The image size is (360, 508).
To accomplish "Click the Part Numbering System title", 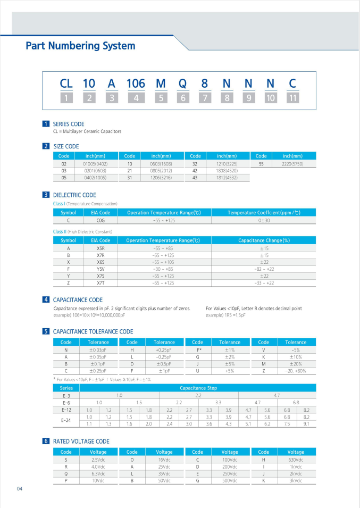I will coord(80,46).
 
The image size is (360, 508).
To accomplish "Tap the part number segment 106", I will coord(136,84).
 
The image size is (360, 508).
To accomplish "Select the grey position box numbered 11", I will coord(292,98).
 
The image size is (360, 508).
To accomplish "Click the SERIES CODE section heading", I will coord(69,124).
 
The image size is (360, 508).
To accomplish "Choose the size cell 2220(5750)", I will coord(292,164).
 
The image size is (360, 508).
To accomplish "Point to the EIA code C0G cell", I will coord(101,220).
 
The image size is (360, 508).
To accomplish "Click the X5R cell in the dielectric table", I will coord(101,248).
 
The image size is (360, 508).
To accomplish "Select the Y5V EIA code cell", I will coord(101,269).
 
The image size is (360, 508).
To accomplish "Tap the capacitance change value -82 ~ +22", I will coord(264,269).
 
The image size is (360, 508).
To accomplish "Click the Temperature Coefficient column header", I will coord(264,213).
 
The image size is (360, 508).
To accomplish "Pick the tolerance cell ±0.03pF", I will coord(98,350).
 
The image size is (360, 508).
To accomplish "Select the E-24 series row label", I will coord(66,420).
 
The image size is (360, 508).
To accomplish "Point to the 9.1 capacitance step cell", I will coord(306,424).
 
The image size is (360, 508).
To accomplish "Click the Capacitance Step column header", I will coord(198,388).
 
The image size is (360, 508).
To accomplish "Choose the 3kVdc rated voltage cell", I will coord(295,480).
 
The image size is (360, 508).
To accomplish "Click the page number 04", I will coord(20,489).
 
